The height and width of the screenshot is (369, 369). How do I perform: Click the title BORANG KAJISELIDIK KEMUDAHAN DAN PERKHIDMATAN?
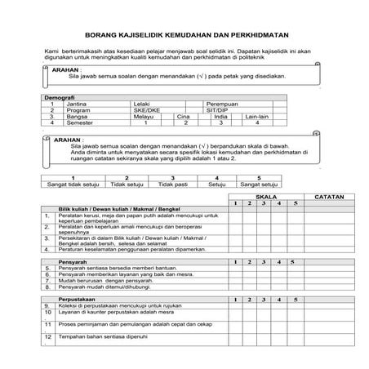tap(184, 37)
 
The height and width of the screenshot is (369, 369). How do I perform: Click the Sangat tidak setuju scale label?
tap(72, 184)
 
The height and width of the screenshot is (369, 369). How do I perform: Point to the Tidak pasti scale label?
tap(172, 184)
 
